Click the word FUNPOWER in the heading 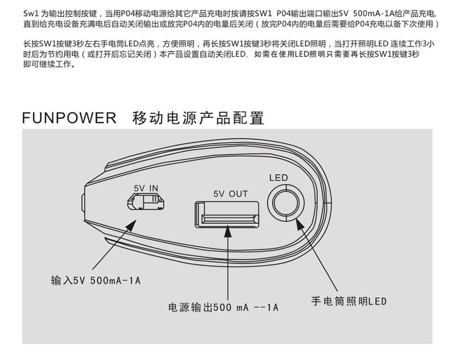click(x=69, y=118)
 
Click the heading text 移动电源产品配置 click(x=198, y=118)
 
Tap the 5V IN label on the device click(x=146, y=188)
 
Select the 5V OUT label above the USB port click(x=230, y=194)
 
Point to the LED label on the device click(x=278, y=178)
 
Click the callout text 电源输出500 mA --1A click(x=224, y=308)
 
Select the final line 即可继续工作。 click(x=49, y=65)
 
